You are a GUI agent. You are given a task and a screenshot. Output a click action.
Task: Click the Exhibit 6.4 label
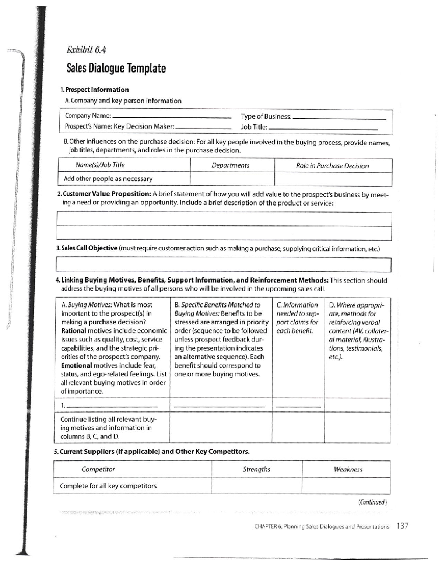pos(87,50)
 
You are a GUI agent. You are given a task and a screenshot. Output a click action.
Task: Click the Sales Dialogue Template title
pos(116,68)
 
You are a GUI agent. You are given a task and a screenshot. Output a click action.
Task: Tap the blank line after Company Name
pos(171,117)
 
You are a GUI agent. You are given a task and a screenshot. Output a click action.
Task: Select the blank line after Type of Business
pos(339,119)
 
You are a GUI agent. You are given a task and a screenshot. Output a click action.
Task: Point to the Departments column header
pos(231,165)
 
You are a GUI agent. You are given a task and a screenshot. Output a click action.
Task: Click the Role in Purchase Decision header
pos(332,166)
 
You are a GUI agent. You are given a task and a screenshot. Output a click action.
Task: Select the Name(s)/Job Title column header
pos(100,165)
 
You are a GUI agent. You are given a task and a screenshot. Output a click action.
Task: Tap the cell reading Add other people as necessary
pos(108,179)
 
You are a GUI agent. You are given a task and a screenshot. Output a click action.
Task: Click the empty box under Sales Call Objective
pos(223,264)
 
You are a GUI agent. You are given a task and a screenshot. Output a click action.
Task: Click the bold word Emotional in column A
pos(76,365)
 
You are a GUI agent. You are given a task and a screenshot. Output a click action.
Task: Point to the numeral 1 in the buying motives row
pos(63,406)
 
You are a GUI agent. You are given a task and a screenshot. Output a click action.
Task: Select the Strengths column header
pos(256,469)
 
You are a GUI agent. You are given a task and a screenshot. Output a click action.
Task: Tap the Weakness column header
pos(348,469)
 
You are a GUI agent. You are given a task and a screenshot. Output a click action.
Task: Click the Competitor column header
pos(98,469)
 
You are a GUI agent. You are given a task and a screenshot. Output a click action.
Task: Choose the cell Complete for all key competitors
pos(108,486)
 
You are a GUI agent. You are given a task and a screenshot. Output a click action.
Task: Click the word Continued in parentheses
pos(372,502)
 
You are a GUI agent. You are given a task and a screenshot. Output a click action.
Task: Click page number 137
pos(402,526)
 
